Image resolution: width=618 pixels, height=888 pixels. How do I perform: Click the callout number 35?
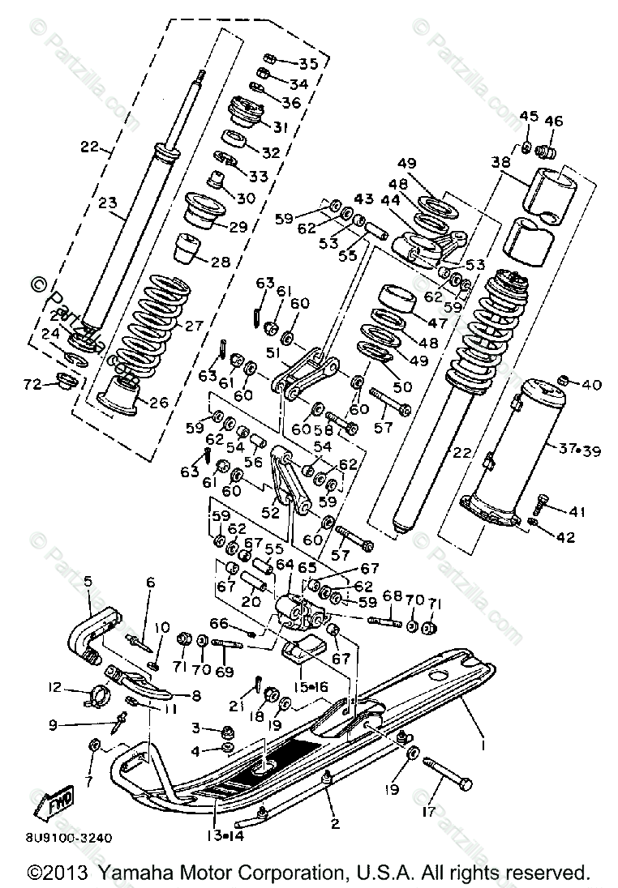(x=285, y=64)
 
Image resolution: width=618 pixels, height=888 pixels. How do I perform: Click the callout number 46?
(x=553, y=121)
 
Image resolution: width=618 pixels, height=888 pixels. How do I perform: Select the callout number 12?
(x=55, y=688)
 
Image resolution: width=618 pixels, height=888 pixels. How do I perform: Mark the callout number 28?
(x=221, y=262)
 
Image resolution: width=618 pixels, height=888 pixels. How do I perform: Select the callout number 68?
(x=393, y=595)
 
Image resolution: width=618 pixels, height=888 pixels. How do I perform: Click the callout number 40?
(x=592, y=384)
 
